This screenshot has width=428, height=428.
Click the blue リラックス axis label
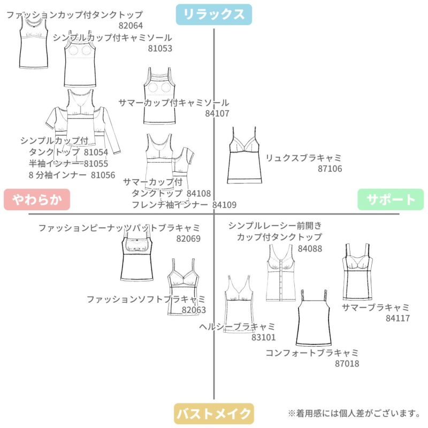pos(213,14)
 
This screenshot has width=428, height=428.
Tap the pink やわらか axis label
pos(37,200)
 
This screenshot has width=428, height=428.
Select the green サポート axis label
pos(391,200)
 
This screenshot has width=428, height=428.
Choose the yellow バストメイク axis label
pos(214,414)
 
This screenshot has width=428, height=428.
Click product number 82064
pos(131,26)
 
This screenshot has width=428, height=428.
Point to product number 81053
pos(160,49)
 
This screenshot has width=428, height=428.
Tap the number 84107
pos(217,113)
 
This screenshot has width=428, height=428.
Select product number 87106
pos(330,169)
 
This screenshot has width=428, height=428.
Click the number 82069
pos(188,239)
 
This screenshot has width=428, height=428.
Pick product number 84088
pos(310,249)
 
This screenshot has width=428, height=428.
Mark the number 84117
pos(398,318)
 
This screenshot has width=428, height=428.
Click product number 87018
pos(347,364)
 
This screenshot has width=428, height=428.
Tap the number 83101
pos(263,338)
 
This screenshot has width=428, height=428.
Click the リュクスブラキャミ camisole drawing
pos(244,155)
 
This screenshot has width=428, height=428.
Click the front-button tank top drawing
pos(281,273)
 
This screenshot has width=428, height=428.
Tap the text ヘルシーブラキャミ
pos(237,327)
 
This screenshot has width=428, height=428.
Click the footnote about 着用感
pos(354,413)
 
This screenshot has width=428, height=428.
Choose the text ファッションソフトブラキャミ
pos(146,300)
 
